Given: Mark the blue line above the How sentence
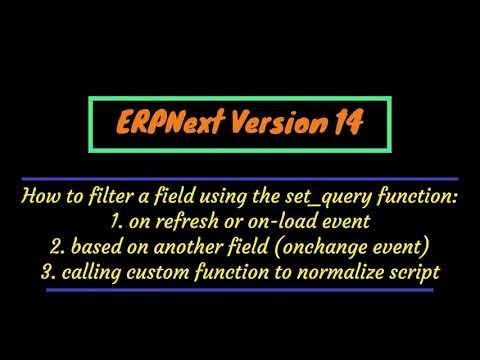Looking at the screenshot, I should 239,177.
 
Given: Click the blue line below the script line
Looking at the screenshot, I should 239,291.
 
